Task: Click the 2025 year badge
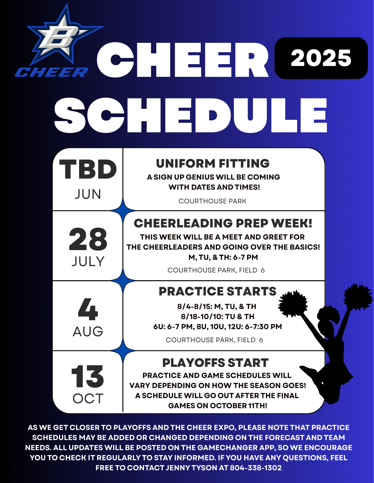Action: (321, 58)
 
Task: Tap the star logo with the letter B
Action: (64, 35)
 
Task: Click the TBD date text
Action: (88, 169)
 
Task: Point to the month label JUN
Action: (88, 194)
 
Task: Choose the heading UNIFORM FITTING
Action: (213, 163)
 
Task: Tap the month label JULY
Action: (88, 261)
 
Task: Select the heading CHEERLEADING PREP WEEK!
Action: (223, 223)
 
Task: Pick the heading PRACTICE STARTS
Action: (217, 291)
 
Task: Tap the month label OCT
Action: (88, 398)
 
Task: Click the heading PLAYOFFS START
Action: (215, 363)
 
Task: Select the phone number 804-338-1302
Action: (256, 468)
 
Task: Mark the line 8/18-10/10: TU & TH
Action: (218, 317)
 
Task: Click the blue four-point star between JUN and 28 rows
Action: (123, 210)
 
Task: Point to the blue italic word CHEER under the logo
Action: (52, 72)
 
